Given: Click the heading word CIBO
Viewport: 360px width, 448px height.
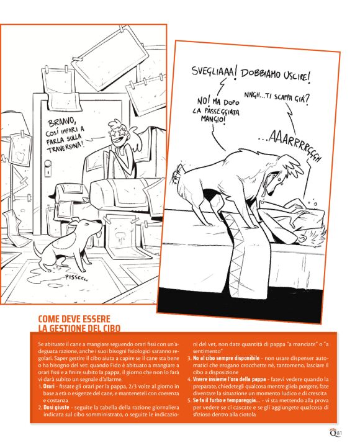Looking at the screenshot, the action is pyautogui.click(x=109, y=328).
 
